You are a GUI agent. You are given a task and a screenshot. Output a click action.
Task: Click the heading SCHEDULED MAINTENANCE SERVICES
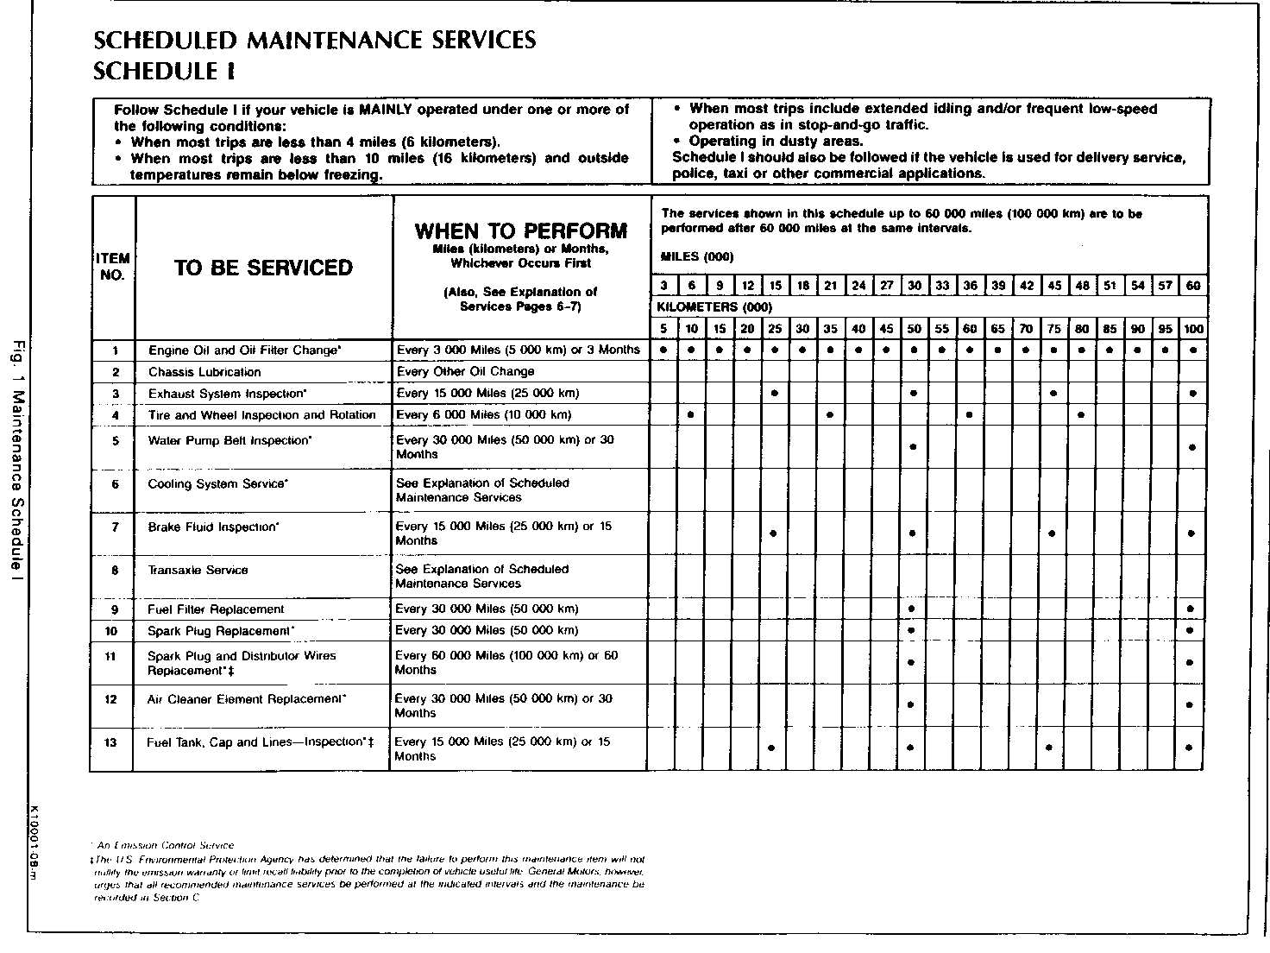[314, 41]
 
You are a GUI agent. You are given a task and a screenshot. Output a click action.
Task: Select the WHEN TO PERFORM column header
[520, 231]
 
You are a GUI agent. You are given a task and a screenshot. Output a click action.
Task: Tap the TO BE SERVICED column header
[263, 268]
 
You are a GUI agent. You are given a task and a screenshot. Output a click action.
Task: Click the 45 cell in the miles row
[1054, 286]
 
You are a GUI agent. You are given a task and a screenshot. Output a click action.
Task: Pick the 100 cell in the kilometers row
[1193, 329]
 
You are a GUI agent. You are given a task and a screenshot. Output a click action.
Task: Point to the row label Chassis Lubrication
[204, 372]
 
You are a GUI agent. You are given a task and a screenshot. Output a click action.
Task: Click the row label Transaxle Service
[198, 571]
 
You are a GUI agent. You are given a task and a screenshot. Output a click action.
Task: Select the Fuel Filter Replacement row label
[216, 609]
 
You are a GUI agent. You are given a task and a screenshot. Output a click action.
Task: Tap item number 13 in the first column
[110, 742]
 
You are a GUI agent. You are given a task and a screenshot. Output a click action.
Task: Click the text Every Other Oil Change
[465, 372]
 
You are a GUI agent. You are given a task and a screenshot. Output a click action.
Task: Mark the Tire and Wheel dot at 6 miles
[691, 415]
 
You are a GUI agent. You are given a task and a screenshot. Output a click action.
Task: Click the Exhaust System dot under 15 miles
[775, 394]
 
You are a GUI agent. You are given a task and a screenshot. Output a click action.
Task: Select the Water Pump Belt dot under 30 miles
[913, 447]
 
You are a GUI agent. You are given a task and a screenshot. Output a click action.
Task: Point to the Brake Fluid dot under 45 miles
[1052, 533]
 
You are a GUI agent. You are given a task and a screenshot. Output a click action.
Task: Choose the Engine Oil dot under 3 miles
[663, 350]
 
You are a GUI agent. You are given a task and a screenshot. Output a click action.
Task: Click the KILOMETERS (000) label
[714, 307]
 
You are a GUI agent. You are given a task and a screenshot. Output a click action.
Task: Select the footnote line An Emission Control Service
[164, 846]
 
